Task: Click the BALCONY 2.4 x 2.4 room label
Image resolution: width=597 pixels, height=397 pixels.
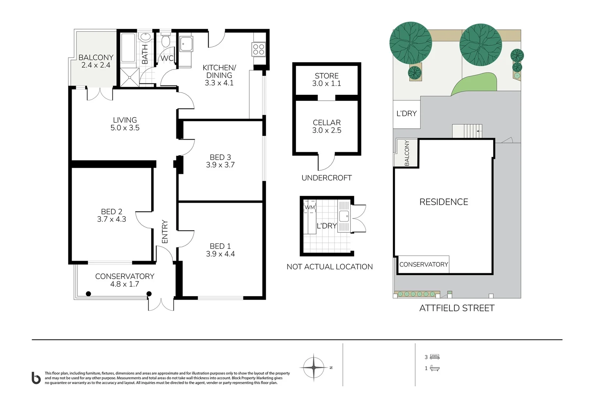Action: coord(96,61)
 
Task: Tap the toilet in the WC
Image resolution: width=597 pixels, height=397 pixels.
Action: coord(166,40)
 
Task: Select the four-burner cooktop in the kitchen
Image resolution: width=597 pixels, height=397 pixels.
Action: coord(258,49)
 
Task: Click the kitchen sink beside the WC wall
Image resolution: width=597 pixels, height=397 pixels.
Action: coord(186,44)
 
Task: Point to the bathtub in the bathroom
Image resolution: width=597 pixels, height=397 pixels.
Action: coord(128,48)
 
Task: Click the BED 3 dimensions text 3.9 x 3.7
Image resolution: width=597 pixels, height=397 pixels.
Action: coord(221,165)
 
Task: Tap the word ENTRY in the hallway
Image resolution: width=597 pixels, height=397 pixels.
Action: coord(165,232)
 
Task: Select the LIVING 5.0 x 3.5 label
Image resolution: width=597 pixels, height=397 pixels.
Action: coord(125,124)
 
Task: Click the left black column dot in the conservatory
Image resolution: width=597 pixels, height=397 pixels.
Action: coord(89,294)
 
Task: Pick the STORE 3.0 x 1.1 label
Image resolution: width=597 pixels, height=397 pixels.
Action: coord(326,80)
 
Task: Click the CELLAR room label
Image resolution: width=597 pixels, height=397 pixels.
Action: coord(327,122)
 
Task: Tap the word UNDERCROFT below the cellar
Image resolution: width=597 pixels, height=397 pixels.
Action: coord(327,178)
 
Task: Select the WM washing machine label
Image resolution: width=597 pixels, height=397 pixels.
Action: coord(310,207)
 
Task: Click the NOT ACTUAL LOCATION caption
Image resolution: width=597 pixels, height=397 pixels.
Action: coord(330,267)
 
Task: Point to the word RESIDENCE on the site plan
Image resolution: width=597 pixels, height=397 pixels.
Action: coord(444,202)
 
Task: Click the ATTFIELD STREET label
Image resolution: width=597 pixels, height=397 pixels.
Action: coord(457,308)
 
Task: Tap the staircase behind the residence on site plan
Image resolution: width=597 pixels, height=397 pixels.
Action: coord(467,131)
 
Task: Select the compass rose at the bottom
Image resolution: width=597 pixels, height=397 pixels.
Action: coord(314,368)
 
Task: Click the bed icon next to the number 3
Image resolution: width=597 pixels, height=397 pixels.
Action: coord(435,357)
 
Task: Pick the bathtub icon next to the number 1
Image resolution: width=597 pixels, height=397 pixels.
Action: coord(435,368)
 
